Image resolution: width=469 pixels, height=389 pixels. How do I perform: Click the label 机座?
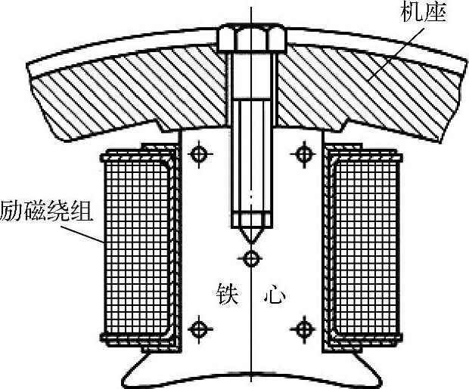point(428,14)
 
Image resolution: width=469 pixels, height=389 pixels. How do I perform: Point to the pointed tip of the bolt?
point(250,240)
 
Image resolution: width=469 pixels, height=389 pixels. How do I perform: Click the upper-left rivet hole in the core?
point(199,155)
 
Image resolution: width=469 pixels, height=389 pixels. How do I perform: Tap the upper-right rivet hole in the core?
point(303,155)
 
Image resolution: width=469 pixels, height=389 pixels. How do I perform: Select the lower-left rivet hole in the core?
point(199,329)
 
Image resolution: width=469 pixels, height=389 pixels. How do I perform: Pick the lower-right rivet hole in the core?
point(303,329)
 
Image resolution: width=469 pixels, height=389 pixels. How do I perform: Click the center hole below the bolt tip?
point(250,259)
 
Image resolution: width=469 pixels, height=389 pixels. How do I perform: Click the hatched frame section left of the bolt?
point(129,94)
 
